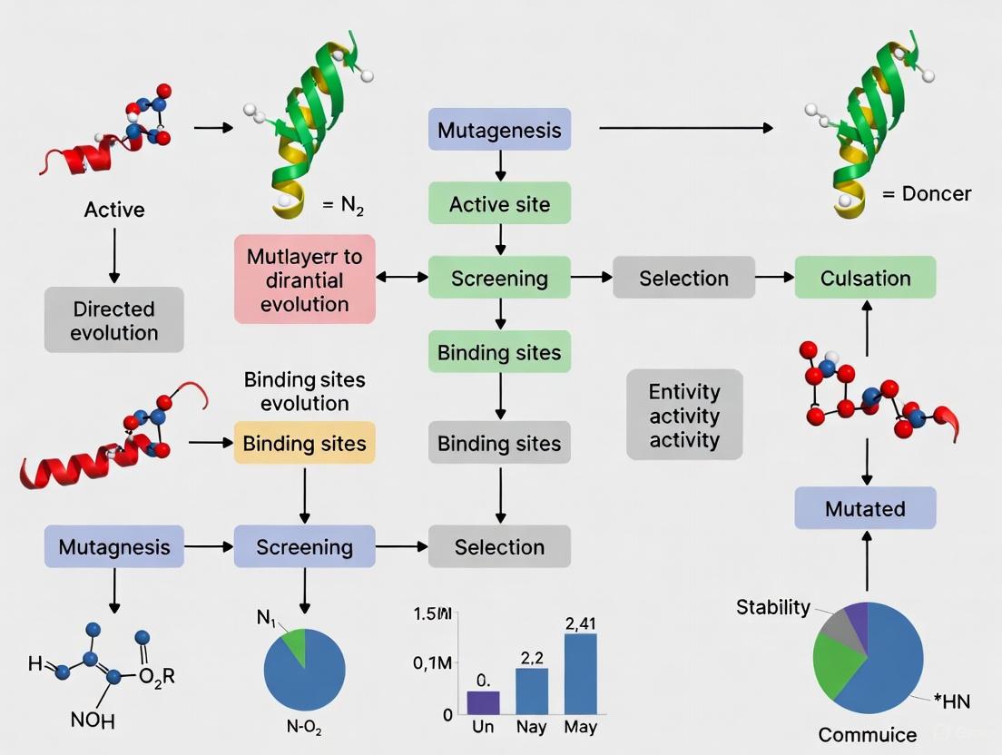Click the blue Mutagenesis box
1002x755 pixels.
coord(499,129)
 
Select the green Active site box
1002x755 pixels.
coord(499,203)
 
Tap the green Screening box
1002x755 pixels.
coord(499,278)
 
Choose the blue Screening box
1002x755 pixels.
coord(304,546)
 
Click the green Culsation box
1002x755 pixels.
coord(865,278)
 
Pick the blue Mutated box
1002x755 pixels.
coord(865,508)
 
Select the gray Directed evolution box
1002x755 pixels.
coord(114,319)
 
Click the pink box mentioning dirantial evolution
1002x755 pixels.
coord(304,279)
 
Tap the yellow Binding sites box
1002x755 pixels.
coord(304,443)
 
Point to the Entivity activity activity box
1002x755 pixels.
coord(684,415)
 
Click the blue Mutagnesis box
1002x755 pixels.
coord(114,546)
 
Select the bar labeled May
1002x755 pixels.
coord(580,673)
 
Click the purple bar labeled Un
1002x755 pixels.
coord(483,702)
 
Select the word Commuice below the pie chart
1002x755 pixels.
coord(867,734)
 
